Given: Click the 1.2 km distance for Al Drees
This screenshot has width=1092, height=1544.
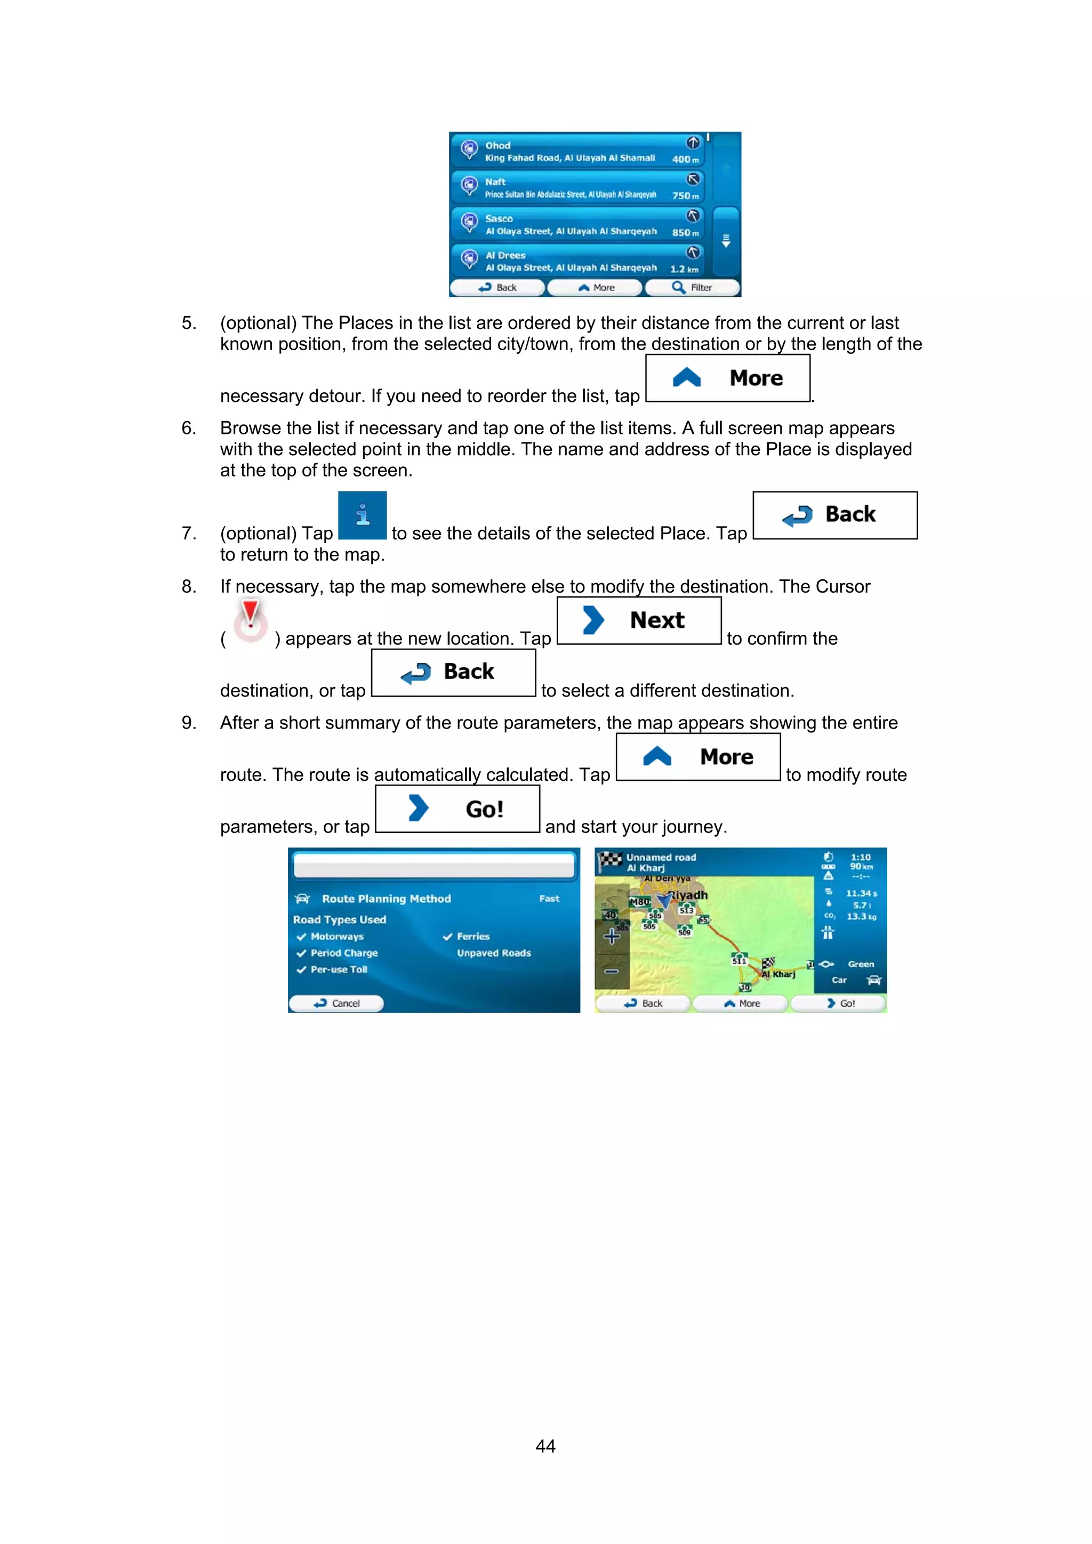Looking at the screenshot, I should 684,269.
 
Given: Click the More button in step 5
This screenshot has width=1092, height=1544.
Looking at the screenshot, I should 727,378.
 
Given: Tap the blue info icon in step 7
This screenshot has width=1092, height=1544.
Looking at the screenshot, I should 362,515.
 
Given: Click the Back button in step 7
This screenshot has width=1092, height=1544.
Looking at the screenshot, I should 834,515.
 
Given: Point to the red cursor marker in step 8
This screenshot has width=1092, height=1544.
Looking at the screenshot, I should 250,619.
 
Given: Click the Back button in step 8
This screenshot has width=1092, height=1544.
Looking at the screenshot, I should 453,672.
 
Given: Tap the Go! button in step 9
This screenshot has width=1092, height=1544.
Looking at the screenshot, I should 457,809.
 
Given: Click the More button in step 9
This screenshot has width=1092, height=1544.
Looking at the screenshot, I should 698,757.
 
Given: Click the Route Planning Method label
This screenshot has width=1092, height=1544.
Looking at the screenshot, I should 386,899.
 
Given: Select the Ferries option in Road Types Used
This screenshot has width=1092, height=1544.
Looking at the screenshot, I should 472,936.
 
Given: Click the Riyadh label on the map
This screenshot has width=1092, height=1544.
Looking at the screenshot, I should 689,895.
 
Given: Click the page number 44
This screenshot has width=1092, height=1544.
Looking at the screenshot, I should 545,1446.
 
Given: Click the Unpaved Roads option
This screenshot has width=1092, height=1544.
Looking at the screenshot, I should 493,953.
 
